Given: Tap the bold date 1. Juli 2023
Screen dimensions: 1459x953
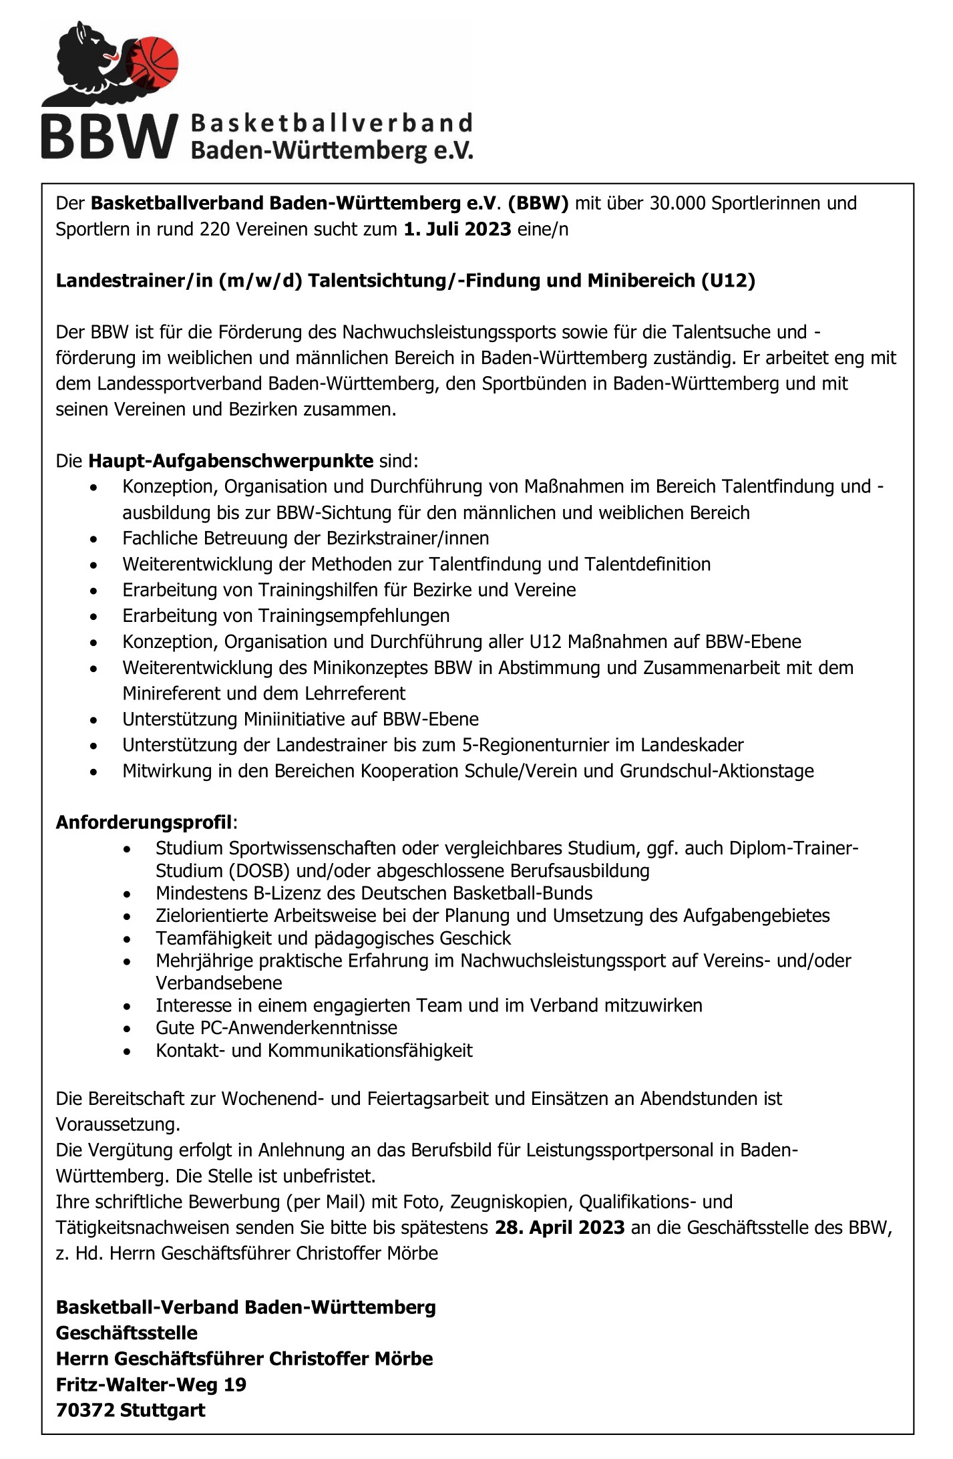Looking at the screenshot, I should click(x=457, y=230).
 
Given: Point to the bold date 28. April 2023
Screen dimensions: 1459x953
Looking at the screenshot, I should click(x=560, y=1228).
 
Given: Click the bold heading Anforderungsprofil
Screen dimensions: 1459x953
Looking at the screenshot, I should click(x=144, y=822).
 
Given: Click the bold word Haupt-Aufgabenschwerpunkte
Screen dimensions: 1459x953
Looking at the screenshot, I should click(x=231, y=461).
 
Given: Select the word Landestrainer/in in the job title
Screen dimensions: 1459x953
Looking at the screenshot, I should click(x=134, y=281).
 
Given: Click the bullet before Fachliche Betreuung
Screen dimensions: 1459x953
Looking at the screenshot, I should click(x=94, y=539).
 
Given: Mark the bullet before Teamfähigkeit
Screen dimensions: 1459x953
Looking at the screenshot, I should click(x=128, y=939).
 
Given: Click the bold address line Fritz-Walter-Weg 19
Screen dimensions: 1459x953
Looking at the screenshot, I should click(x=151, y=1385).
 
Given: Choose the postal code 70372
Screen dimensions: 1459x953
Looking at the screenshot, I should click(x=85, y=1411).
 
